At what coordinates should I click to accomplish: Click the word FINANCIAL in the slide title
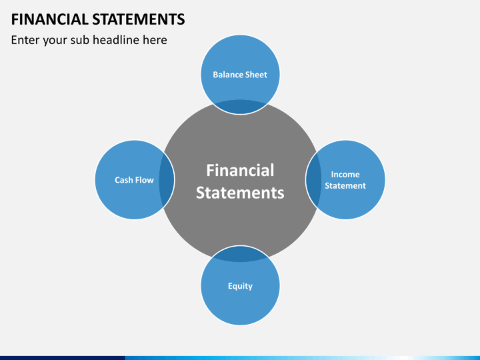pos(47,19)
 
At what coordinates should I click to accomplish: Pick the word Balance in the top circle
pos(227,75)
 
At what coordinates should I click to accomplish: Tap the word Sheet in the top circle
pos(256,75)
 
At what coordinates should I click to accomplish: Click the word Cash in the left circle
pos(124,180)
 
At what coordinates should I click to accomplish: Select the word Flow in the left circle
pos(145,180)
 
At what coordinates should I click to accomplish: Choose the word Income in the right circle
pos(345,175)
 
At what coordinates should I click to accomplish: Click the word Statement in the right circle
pos(345,186)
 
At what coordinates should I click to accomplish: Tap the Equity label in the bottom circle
pos(240,286)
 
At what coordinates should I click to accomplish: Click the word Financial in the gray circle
pos(240,170)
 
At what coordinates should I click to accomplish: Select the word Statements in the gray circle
pos(240,193)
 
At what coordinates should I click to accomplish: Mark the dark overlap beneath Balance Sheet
pos(240,107)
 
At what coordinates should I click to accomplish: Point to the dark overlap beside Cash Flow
pos(167,180)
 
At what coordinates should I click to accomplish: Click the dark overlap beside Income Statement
pos(313,180)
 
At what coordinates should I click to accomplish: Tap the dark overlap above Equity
pos(240,253)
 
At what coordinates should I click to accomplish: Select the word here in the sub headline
pos(155,40)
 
